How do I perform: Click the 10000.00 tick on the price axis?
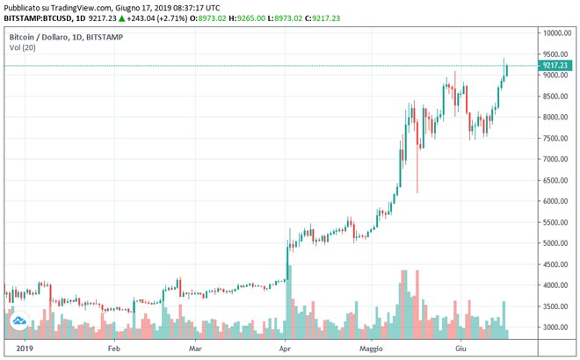(x=555, y=33)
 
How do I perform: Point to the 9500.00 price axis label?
(x=555, y=54)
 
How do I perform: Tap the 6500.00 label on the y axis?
(x=555, y=180)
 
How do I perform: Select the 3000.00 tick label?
(x=555, y=328)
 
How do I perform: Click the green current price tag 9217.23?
(x=556, y=66)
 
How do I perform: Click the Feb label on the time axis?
(x=114, y=349)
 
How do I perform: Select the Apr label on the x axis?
(x=284, y=349)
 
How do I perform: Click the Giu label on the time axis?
(x=460, y=349)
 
